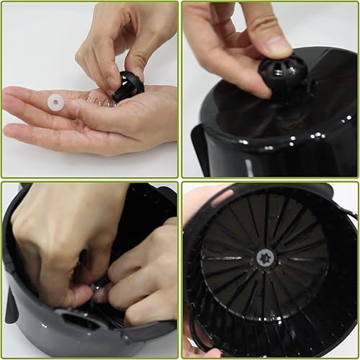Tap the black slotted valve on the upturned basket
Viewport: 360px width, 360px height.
pyautogui.click(x=282, y=72)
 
